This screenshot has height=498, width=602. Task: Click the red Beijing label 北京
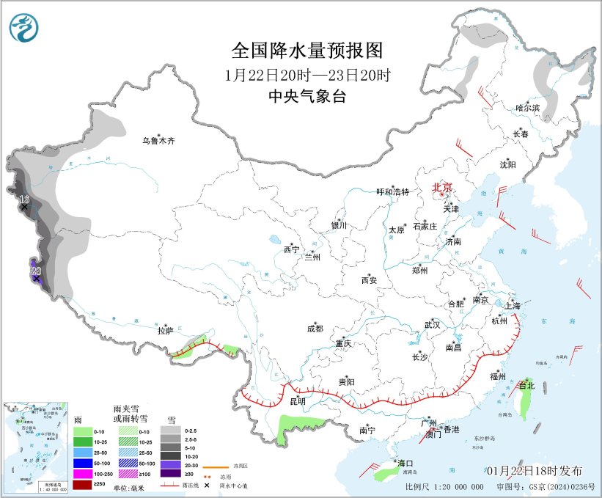tap(442, 187)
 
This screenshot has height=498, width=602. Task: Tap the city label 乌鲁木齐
tap(159, 141)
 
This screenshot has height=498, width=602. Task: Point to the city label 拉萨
tap(164, 331)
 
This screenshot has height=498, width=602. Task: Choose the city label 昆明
tap(297, 401)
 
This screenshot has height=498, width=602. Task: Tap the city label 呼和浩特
tap(392, 191)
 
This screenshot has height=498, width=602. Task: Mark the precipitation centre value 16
tap(24, 199)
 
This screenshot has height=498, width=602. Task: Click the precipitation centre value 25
tap(36, 271)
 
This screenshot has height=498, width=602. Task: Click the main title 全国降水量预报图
tap(307, 50)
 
